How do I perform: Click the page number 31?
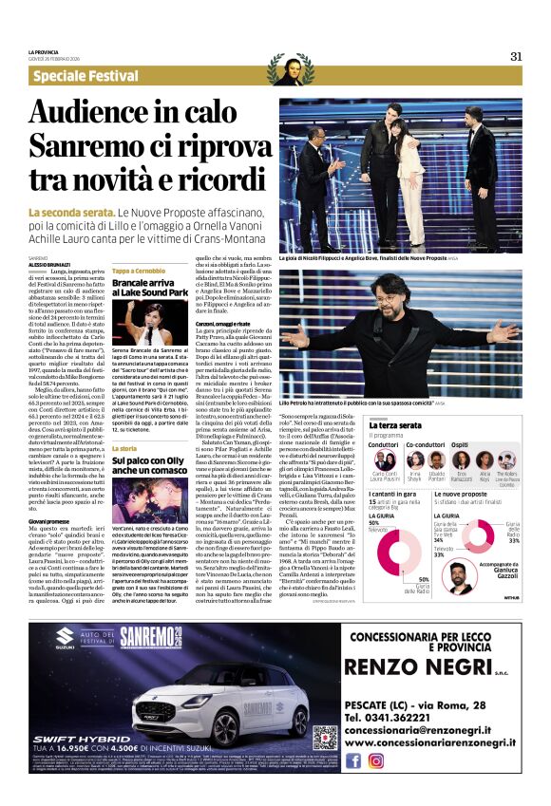click(x=516, y=55)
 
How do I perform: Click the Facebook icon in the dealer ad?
click(x=353, y=759)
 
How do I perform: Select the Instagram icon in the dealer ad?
click(x=375, y=759)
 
